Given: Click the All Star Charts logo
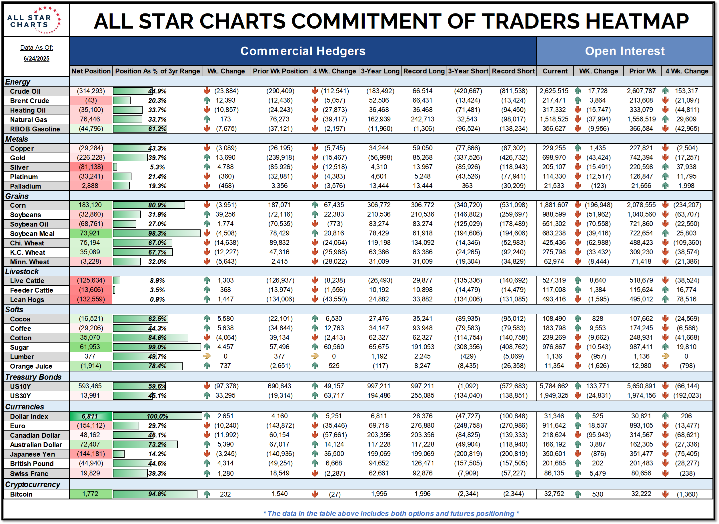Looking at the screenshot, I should click(34, 20).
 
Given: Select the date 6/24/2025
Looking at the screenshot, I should click(37, 59).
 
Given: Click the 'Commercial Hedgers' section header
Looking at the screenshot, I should click(303, 51).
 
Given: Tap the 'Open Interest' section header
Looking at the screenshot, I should click(624, 51).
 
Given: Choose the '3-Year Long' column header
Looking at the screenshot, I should click(380, 71).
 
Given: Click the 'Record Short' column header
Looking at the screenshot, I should click(513, 71).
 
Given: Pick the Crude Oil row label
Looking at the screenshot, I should click(25, 91).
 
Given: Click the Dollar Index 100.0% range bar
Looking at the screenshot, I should click(157, 416).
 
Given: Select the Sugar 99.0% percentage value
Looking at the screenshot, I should click(157, 347).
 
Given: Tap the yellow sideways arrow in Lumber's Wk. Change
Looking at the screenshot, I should click(207, 356).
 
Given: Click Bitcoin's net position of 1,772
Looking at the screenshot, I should click(90, 494).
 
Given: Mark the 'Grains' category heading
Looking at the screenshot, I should click(17, 196).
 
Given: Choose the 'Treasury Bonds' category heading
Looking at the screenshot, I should click(33, 377).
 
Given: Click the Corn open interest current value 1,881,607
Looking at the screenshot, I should click(554, 205).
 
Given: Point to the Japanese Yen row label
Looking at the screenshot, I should click(32, 454).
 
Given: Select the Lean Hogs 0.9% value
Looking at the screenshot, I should click(157, 299).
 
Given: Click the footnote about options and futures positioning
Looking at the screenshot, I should click(391, 513).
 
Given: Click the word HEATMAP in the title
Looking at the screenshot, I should click(637, 21).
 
